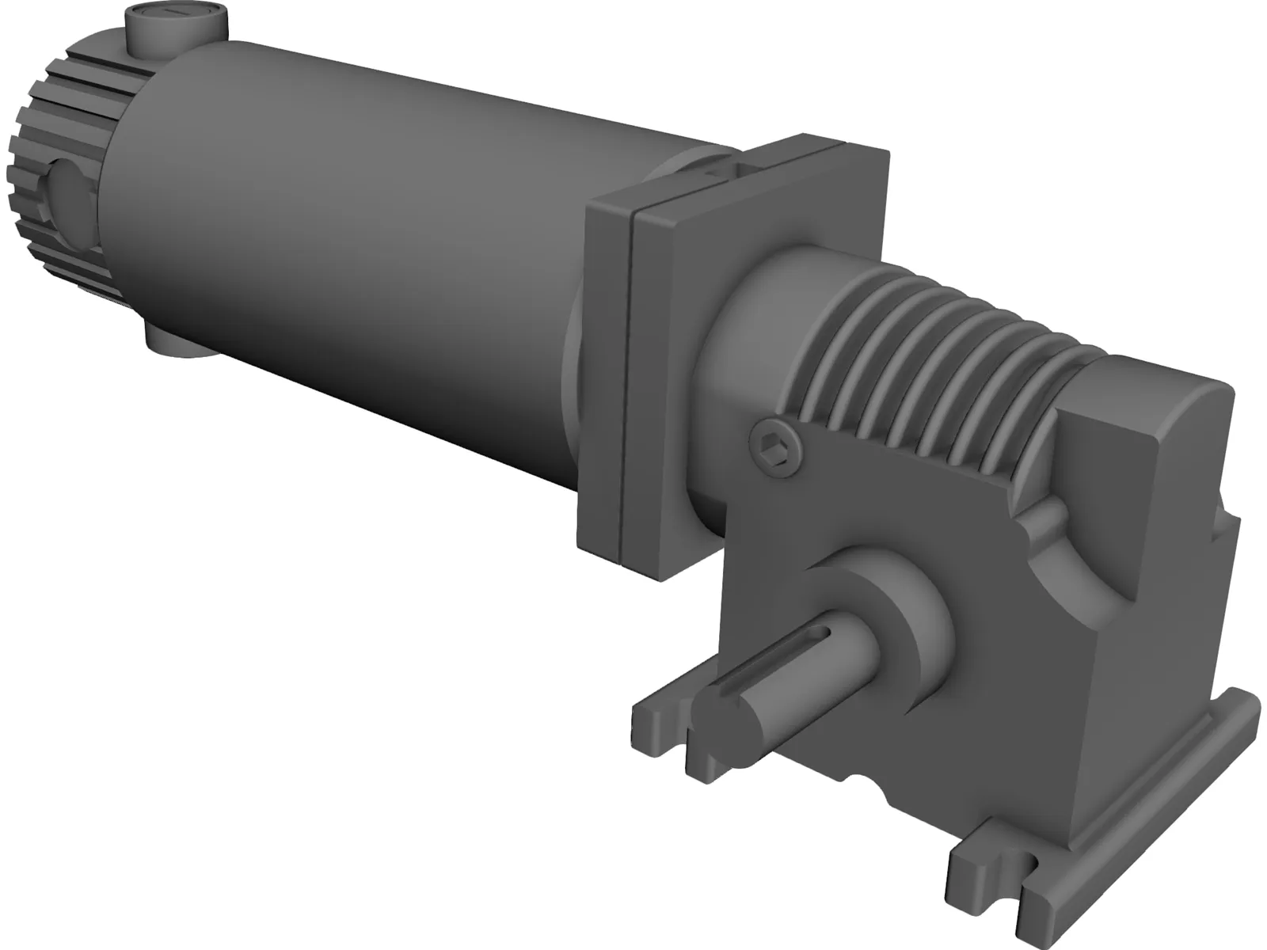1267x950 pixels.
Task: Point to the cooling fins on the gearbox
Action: tap(934, 348)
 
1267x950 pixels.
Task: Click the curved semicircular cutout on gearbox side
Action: tap(1077, 554)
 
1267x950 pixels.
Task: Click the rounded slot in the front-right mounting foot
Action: tap(1029, 867)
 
